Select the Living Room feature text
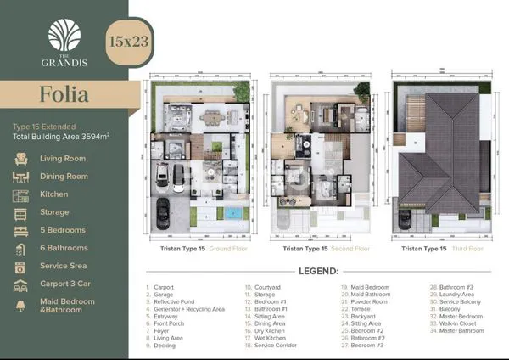click(x=64, y=158)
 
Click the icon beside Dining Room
click(x=21, y=177)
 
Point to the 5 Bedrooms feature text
click(x=64, y=230)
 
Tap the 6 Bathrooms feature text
click(x=64, y=248)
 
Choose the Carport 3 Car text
click(x=66, y=284)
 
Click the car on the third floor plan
click(x=406, y=219)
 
